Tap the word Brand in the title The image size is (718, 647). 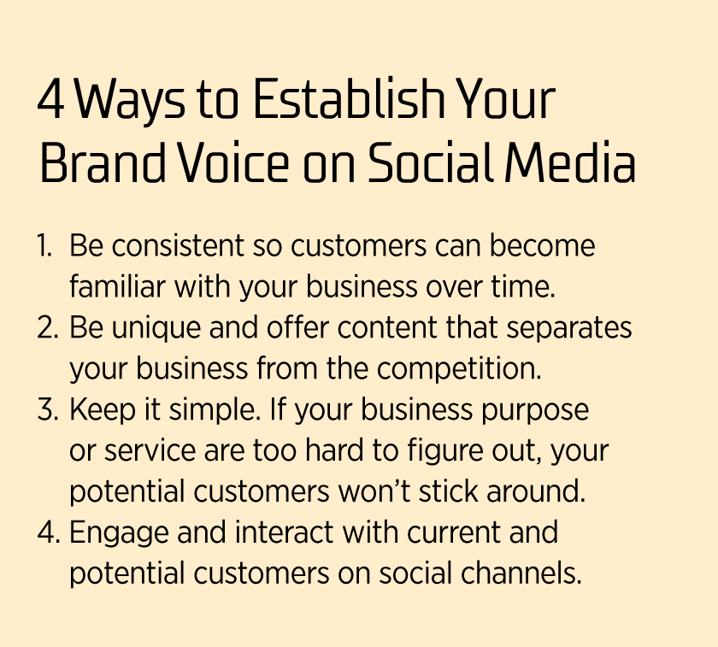pos(103,163)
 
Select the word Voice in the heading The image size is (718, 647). pos(233,163)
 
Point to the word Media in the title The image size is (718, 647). pos(571,163)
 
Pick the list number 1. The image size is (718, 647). pos(44,246)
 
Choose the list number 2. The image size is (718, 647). pos(48,328)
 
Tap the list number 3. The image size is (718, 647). pos(48,409)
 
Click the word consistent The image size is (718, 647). pos(178,246)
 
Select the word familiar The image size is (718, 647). pos(117,286)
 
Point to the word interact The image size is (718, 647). pos(284,532)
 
